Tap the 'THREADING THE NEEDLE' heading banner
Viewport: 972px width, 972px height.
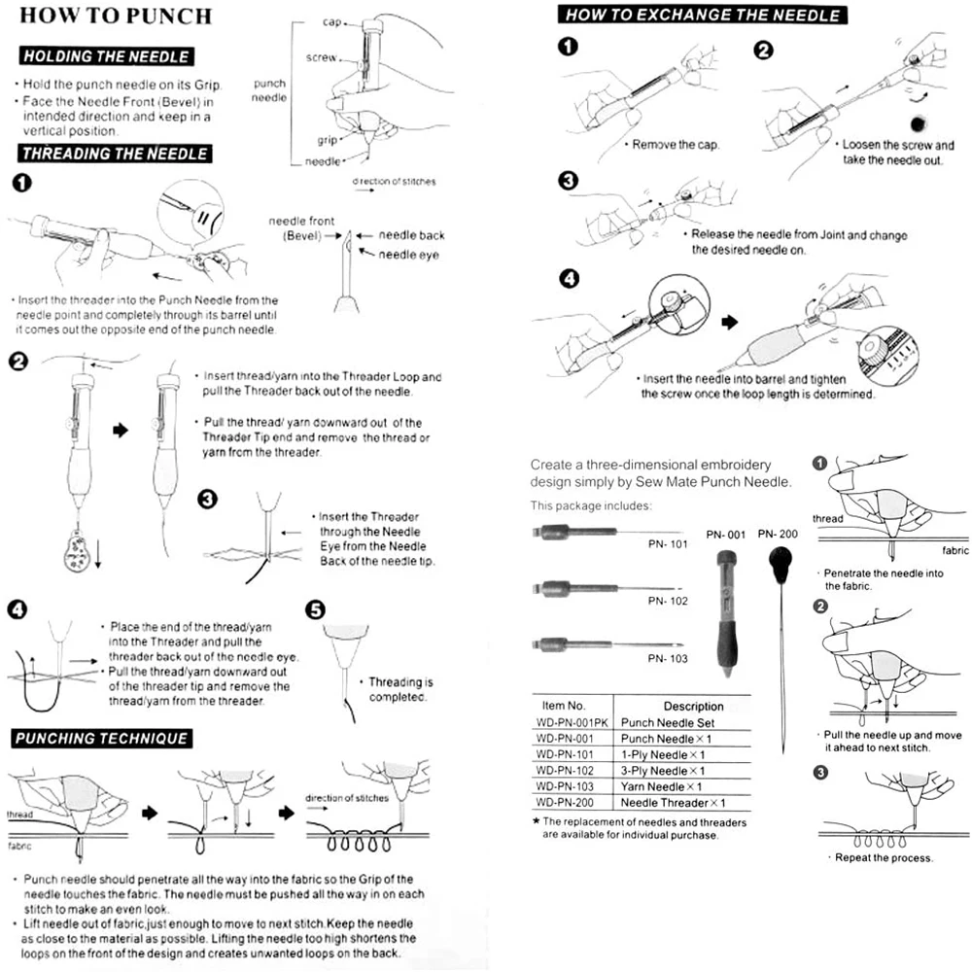click(115, 153)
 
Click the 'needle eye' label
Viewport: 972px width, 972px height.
click(409, 254)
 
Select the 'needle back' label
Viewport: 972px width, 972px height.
click(411, 235)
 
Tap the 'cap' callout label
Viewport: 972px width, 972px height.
click(330, 21)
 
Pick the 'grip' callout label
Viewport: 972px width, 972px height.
click(327, 140)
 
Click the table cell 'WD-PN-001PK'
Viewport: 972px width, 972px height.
click(573, 722)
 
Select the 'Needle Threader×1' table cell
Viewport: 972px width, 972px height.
click(673, 802)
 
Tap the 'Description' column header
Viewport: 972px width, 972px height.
click(693, 706)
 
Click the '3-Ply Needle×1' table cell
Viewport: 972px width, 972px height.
click(662, 770)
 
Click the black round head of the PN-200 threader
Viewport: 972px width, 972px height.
click(781, 561)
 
